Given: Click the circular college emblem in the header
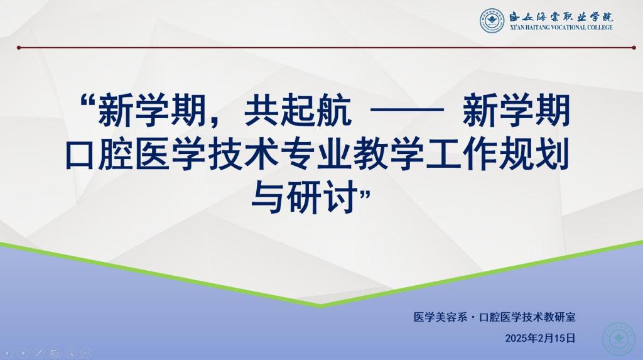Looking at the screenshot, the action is (x=492, y=21).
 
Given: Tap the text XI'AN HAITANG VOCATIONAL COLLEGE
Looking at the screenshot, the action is (x=561, y=28).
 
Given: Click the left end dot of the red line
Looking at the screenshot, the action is (x=19, y=48).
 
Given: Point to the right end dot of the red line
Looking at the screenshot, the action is (x=634, y=48).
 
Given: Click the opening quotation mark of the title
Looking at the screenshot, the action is (x=88, y=101).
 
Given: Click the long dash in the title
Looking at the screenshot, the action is (x=407, y=111).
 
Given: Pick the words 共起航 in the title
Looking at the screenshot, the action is (x=298, y=110).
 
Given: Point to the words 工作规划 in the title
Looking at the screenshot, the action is (x=498, y=155).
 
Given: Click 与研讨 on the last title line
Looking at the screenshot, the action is (x=304, y=199).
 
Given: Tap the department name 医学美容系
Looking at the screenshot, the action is (x=440, y=317).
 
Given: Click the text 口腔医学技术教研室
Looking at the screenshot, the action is (x=527, y=317).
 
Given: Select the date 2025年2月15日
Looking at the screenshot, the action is (x=541, y=338).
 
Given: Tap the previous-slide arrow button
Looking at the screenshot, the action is (x=8, y=352).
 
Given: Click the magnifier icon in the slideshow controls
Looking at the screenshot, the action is (x=70, y=352).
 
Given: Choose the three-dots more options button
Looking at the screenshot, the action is (x=85, y=352).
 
